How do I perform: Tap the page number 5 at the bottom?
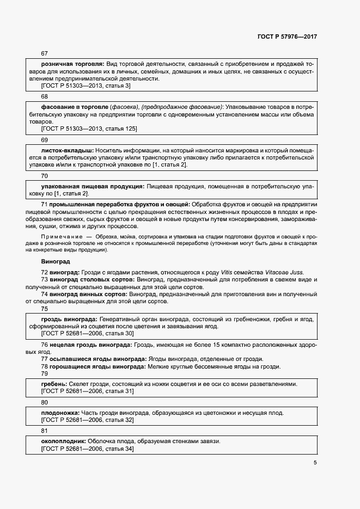coord(315,463)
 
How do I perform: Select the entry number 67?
coord(45,53)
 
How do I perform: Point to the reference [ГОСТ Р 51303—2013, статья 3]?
coord(86,85)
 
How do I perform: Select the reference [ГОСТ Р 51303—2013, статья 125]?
coord(89,128)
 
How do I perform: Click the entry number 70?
coord(45,176)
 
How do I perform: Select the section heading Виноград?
coord(56,261)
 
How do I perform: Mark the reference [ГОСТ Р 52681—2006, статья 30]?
coord(87,333)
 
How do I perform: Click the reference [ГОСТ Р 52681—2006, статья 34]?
coord(87,449)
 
